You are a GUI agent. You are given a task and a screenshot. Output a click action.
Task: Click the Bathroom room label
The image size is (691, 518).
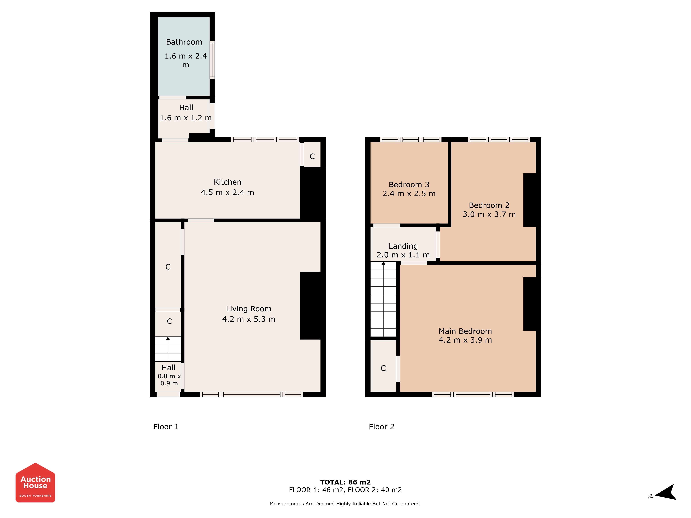(x=184, y=42)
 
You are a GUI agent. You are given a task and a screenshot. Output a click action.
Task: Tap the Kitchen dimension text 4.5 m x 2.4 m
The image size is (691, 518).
(x=227, y=192)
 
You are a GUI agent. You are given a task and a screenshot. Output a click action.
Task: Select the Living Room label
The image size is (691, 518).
(x=249, y=309)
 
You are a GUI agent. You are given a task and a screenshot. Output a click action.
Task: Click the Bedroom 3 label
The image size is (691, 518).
(x=409, y=185)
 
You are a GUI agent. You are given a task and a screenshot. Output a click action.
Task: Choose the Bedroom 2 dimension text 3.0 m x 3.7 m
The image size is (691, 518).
(x=489, y=214)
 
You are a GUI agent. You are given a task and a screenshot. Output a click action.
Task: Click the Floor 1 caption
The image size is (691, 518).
(x=166, y=427)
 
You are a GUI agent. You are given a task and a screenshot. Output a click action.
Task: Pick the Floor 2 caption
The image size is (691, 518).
(x=382, y=427)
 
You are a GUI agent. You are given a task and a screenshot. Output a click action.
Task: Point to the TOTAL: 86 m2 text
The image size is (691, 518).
(x=345, y=482)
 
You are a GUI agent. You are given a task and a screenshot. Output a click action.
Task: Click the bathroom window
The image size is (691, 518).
(x=212, y=60)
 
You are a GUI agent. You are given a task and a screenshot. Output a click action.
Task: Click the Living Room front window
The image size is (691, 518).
(x=252, y=394)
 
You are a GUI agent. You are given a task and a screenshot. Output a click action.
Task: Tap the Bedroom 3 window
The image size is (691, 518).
(x=410, y=140)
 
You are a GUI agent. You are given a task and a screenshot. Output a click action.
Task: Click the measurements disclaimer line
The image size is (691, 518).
(x=345, y=504)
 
